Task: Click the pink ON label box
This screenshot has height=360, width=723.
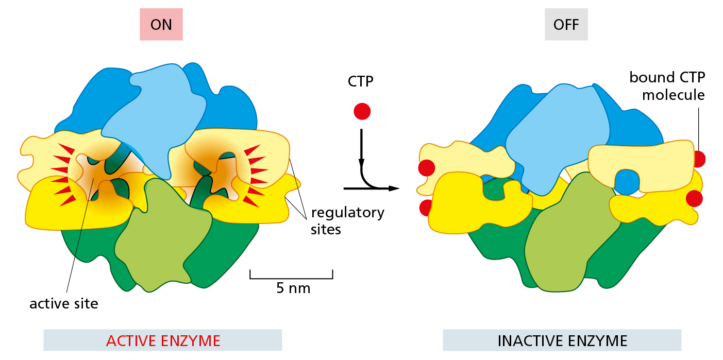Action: [161, 25]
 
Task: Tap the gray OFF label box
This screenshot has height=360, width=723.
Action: [566, 25]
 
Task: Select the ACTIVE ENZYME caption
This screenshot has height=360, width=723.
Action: [163, 340]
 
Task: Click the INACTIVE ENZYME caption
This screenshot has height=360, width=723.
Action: [562, 340]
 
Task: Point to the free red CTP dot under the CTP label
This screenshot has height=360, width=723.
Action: [362, 111]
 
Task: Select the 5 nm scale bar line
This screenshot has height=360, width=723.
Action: [291, 278]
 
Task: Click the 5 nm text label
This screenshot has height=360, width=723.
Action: [293, 288]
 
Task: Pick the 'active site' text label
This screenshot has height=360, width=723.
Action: [63, 303]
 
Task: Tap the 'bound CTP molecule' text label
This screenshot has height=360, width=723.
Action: [667, 86]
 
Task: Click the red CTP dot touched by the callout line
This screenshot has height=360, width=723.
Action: [699, 159]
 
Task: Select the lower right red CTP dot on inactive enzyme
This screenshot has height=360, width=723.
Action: [694, 198]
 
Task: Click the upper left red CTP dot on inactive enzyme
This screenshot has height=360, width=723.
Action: [426, 167]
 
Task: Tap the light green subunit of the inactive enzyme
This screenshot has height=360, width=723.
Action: [567, 237]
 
